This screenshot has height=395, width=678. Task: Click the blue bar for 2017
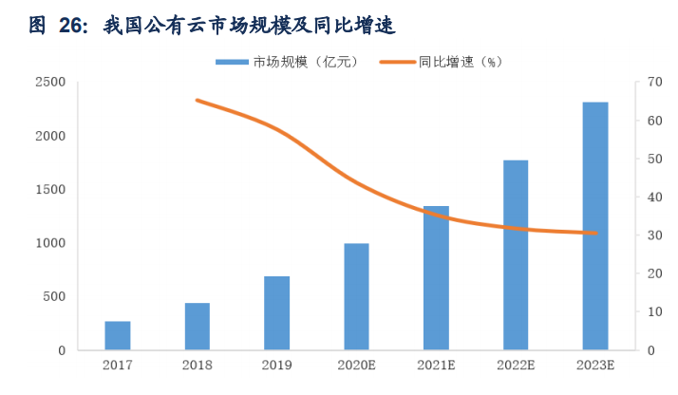click(118, 335)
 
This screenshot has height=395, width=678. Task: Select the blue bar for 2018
click(198, 327)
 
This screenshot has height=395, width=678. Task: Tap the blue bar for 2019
click(277, 313)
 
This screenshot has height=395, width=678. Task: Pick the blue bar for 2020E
click(357, 296)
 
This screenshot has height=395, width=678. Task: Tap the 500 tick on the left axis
click(54, 297)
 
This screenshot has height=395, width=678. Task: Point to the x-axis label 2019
click(277, 365)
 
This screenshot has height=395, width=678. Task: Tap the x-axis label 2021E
click(437, 365)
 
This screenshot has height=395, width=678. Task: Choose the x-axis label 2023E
click(595, 365)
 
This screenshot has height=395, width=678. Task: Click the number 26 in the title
click(72, 27)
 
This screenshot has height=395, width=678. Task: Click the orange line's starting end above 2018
click(197, 100)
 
